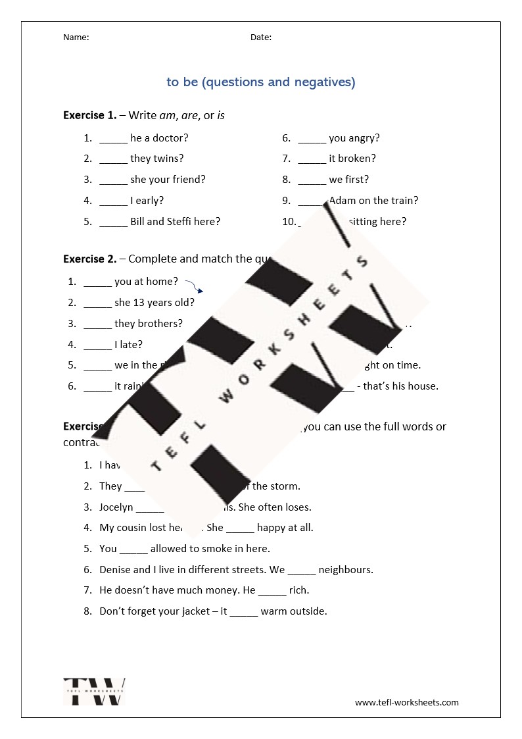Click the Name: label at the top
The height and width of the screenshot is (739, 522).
click(x=76, y=38)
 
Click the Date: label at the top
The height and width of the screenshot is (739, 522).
click(x=260, y=38)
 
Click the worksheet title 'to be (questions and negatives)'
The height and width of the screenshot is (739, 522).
click(x=261, y=82)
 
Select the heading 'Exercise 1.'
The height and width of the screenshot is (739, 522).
click(x=89, y=116)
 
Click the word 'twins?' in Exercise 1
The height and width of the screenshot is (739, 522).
click(x=168, y=159)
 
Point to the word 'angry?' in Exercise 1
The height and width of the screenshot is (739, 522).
click(x=364, y=138)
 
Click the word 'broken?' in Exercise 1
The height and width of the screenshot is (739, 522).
click(x=357, y=159)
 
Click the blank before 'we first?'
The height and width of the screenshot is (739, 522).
click(x=312, y=180)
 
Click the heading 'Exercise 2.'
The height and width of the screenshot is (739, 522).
click(x=89, y=259)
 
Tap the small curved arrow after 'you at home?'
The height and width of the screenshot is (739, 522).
click(x=193, y=286)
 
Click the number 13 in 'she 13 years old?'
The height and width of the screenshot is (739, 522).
click(x=139, y=303)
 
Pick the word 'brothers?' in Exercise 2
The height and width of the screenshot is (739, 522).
click(x=160, y=324)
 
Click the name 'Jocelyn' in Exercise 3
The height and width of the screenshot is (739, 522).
click(x=116, y=507)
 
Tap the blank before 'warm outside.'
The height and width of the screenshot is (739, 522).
click(x=244, y=612)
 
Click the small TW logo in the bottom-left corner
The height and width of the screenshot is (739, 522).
click(x=94, y=692)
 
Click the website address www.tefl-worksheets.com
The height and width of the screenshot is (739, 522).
click(x=407, y=702)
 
